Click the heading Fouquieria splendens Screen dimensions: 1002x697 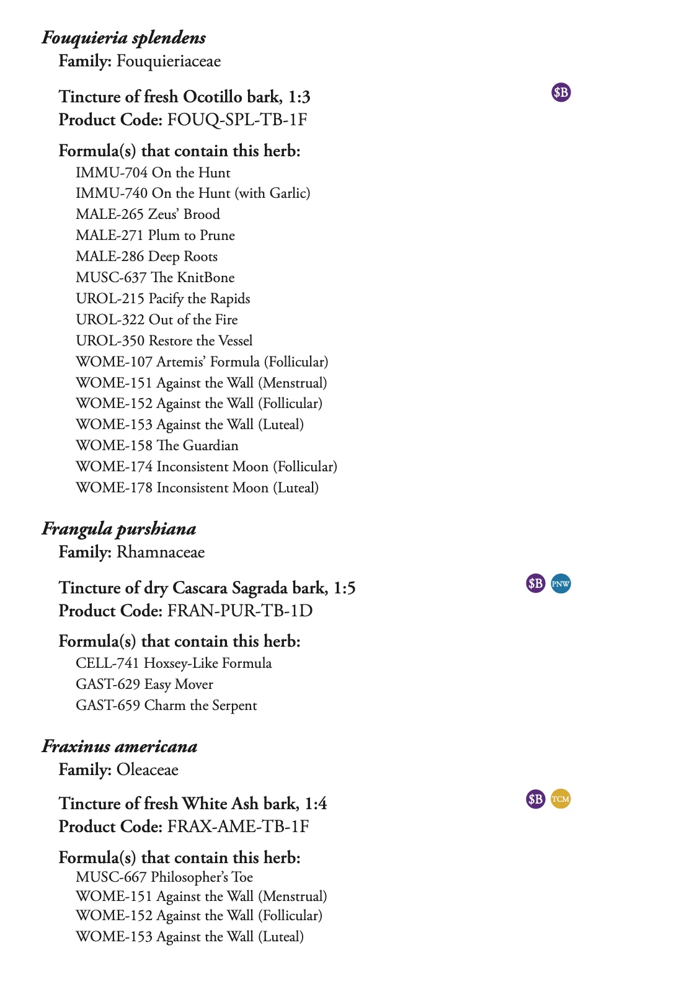click(x=123, y=38)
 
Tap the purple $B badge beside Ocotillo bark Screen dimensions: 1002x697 click(x=561, y=92)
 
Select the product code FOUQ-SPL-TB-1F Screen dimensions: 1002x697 click(x=237, y=120)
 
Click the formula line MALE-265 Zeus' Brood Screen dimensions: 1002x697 click(x=148, y=215)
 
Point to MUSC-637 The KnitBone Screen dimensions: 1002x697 click(x=155, y=278)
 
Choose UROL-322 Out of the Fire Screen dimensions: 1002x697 click(x=156, y=320)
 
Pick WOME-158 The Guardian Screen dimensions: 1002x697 click(x=157, y=446)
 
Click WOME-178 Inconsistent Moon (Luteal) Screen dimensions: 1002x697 click(x=197, y=488)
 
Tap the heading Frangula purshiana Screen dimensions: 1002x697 click(x=119, y=529)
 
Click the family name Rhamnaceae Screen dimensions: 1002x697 click(x=160, y=552)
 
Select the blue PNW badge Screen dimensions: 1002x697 click(x=561, y=583)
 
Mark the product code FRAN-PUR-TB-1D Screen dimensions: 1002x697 click(x=239, y=611)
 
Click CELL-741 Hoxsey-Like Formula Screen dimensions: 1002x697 click(x=174, y=663)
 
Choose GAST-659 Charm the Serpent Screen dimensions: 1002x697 click(x=166, y=706)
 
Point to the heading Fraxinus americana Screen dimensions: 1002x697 click(x=120, y=747)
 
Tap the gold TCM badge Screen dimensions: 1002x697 click(x=561, y=799)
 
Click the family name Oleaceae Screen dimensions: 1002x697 click(x=147, y=770)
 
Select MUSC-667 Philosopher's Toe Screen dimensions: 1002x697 click(x=164, y=877)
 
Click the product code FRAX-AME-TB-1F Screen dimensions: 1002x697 click(x=238, y=827)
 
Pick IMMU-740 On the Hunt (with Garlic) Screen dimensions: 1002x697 click(x=193, y=193)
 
